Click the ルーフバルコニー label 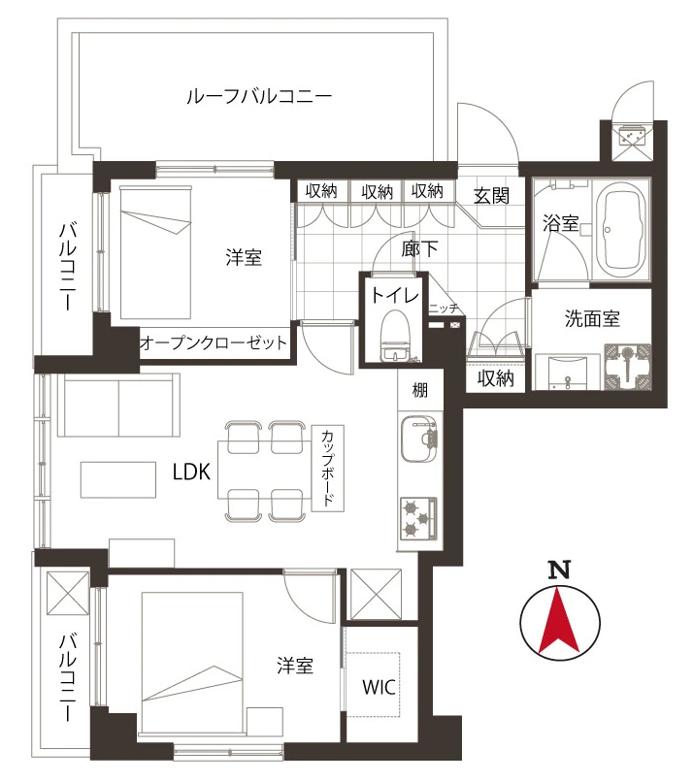pyautogui.click(x=259, y=96)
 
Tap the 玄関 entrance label pyautogui.click(x=491, y=196)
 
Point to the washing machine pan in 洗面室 pyautogui.click(x=628, y=367)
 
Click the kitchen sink pyautogui.click(x=419, y=439)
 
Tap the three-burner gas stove pyautogui.click(x=418, y=518)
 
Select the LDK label pyautogui.click(x=191, y=472)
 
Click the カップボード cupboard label pyautogui.click(x=328, y=468)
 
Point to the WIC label pyautogui.click(x=379, y=687)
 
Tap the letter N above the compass pyautogui.click(x=559, y=570)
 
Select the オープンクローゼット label pyautogui.click(x=214, y=342)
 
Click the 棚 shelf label pyautogui.click(x=420, y=389)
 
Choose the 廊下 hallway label pyautogui.click(x=419, y=248)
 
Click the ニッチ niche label pyautogui.click(x=444, y=309)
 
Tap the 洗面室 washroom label pyautogui.click(x=592, y=318)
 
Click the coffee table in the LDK pyautogui.click(x=118, y=479)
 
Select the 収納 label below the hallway pyautogui.click(x=495, y=378)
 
